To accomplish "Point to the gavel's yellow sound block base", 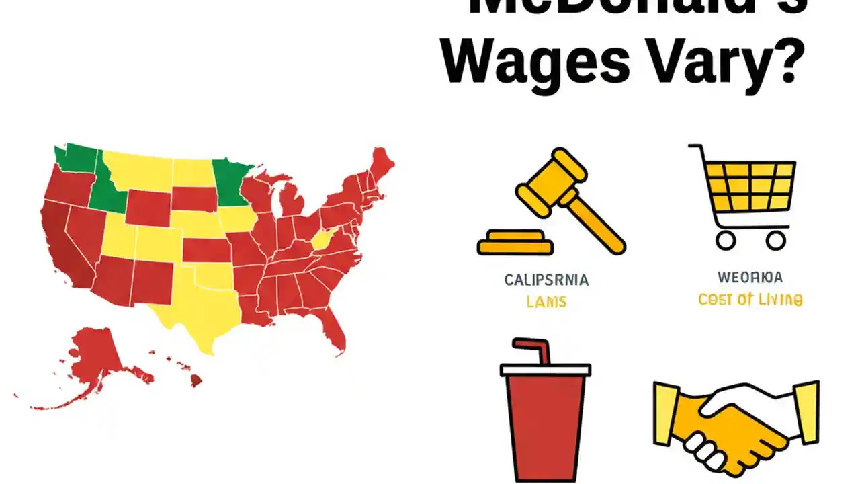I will [515, 243].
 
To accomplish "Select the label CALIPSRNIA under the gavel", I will [546, 280].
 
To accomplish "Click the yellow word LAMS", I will [546, 302].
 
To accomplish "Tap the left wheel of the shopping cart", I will [725, 239].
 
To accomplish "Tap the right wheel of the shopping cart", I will [775, 239].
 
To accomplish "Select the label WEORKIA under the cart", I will [750, 277].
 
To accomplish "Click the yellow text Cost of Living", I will [750, 300].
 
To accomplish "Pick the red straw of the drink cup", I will [527, 351].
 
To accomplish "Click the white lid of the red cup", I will [546, 369].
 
